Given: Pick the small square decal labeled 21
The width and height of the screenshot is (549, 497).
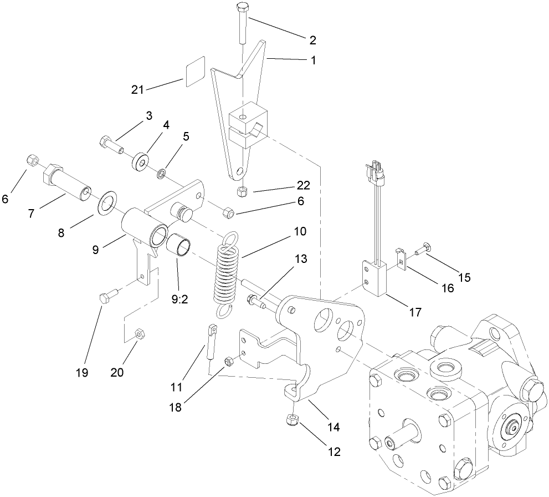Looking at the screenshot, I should click(196, 72).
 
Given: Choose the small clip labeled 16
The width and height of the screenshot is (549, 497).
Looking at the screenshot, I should click(402, 258).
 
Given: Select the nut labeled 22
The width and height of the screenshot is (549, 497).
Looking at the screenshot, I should click(242, 191).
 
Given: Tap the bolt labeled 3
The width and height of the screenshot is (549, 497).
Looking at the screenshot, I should click(111, 144).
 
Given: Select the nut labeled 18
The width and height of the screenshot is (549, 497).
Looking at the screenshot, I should click(228, 362).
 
